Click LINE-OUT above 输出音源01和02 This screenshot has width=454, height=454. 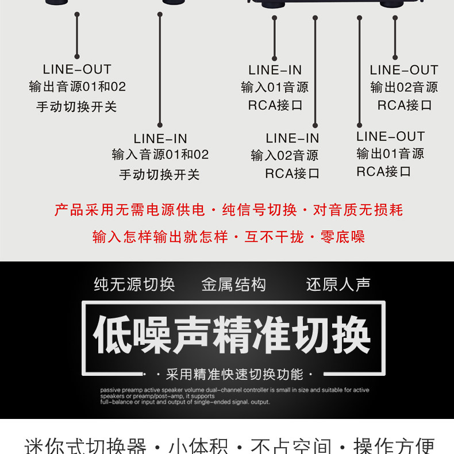point(77,70)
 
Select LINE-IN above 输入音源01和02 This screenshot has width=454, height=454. point(160,138)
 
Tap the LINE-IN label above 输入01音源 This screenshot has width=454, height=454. point(275,70)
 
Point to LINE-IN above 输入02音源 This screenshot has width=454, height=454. point(292,138)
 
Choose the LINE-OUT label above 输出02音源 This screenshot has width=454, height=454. point(404,70)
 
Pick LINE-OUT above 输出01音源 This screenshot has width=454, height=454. point(390,137)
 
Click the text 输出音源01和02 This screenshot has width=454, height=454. point(77,87)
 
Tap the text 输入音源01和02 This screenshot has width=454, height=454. point(160,155)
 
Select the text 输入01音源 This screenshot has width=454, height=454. point(275,87)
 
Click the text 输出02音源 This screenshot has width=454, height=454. point(404,87)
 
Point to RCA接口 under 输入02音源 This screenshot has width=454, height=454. point(292,174)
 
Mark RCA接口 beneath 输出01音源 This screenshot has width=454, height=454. point(383,171)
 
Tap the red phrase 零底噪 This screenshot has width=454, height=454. point(343,237)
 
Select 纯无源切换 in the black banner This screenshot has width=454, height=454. point(134,284)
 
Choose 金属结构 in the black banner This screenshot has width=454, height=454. point(234,284)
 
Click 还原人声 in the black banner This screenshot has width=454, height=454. point(338,284)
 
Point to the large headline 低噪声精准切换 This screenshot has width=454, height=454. point(232,335)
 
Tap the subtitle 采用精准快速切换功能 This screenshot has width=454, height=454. point(234,375)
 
